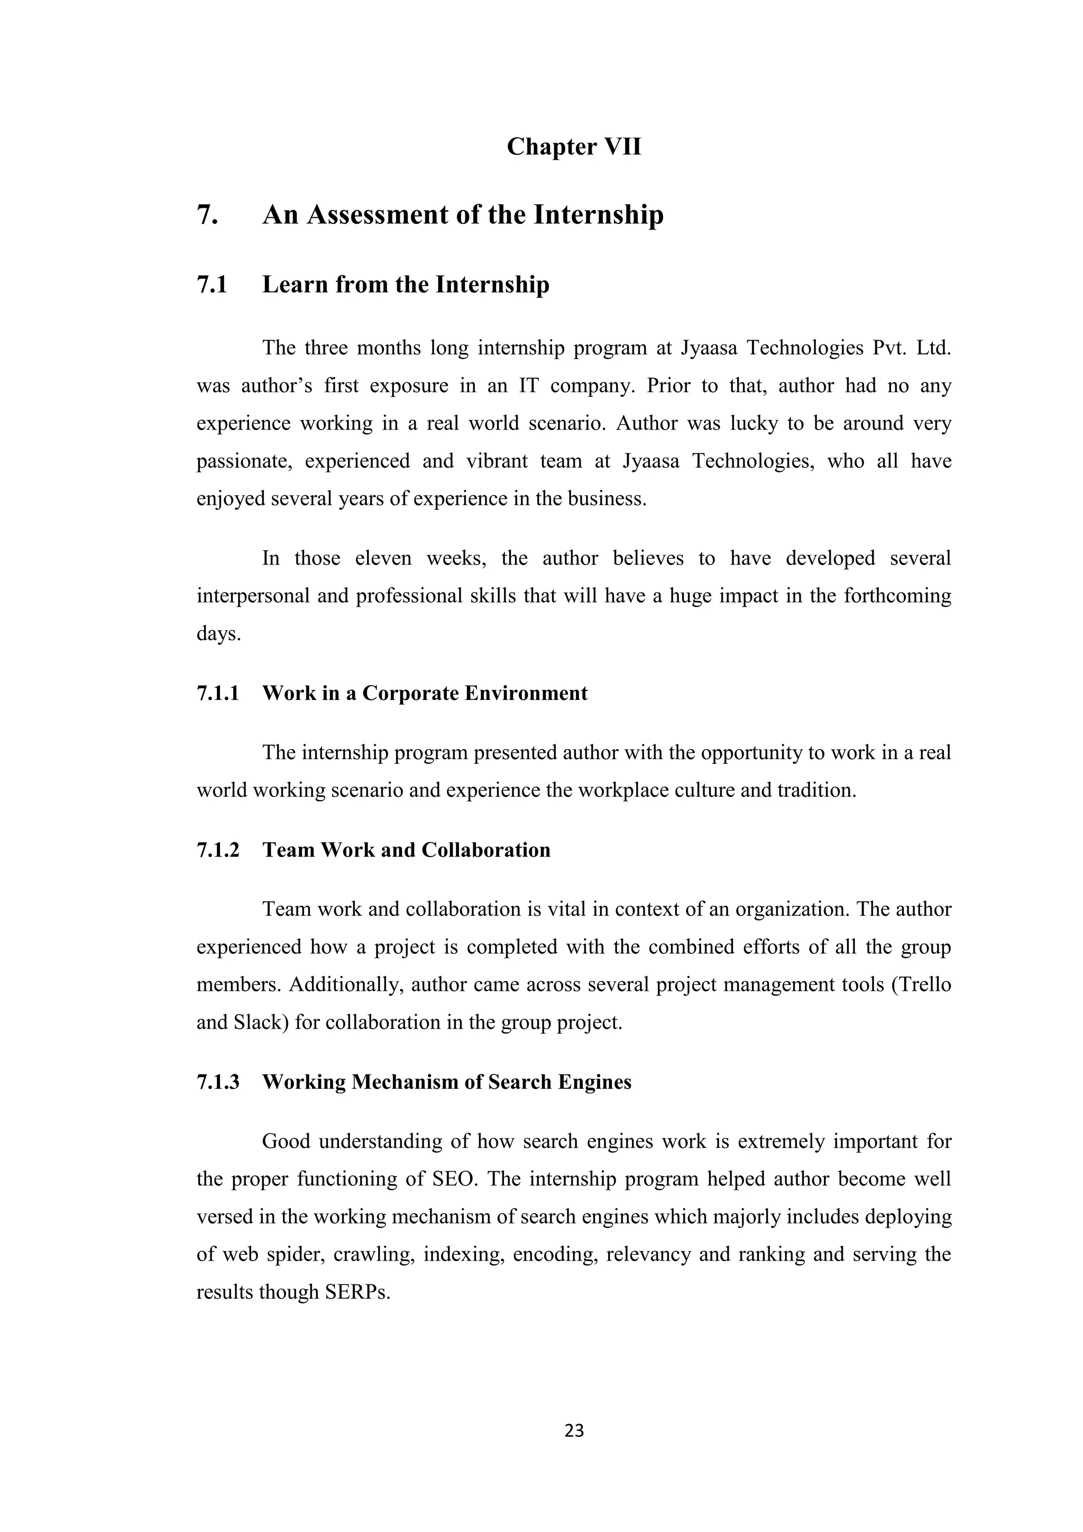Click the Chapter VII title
574,147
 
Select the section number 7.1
212,285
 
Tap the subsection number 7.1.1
217,694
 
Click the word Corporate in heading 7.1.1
410,694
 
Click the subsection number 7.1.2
217,850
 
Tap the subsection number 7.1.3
217,1082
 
